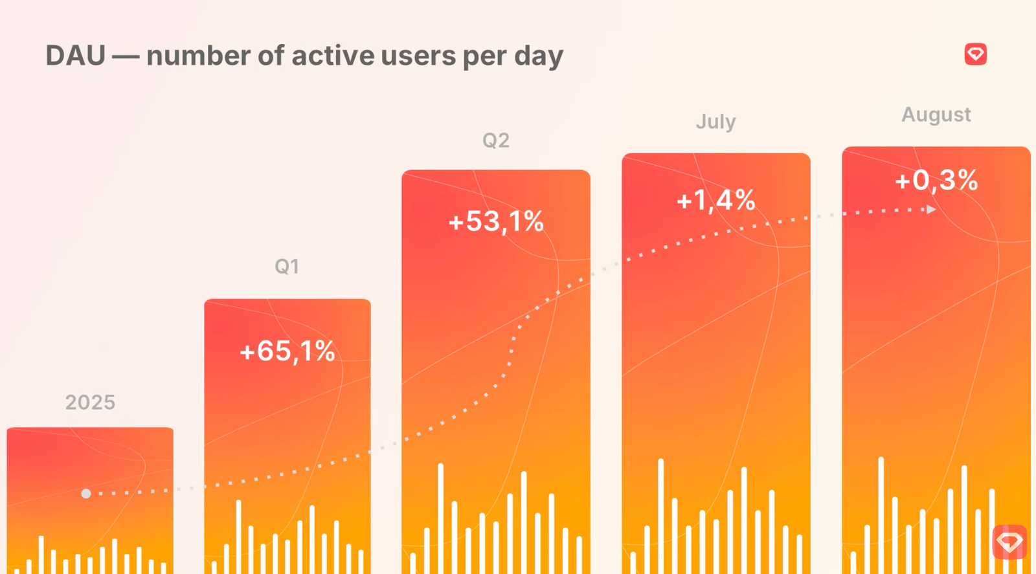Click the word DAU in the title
tap(75, 56)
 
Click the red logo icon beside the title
tap(975, 54)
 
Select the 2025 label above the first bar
tap(90, 403)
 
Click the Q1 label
tap(287, 267)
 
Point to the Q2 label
tap(496, 140)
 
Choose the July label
tap(716, 122)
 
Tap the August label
tap(936, 115)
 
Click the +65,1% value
tap(287, 351)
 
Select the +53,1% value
tap(496, 221)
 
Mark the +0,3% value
tap(936, 181)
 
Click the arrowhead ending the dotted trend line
tap(931, 210)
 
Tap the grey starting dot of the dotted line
tap(86, 494)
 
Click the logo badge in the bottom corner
tap(1009, 542)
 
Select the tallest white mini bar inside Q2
tap(441, 518)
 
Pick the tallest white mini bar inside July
tap(661, 516)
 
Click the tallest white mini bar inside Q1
tap(239, 537)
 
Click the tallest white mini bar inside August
tap(881, 515)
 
